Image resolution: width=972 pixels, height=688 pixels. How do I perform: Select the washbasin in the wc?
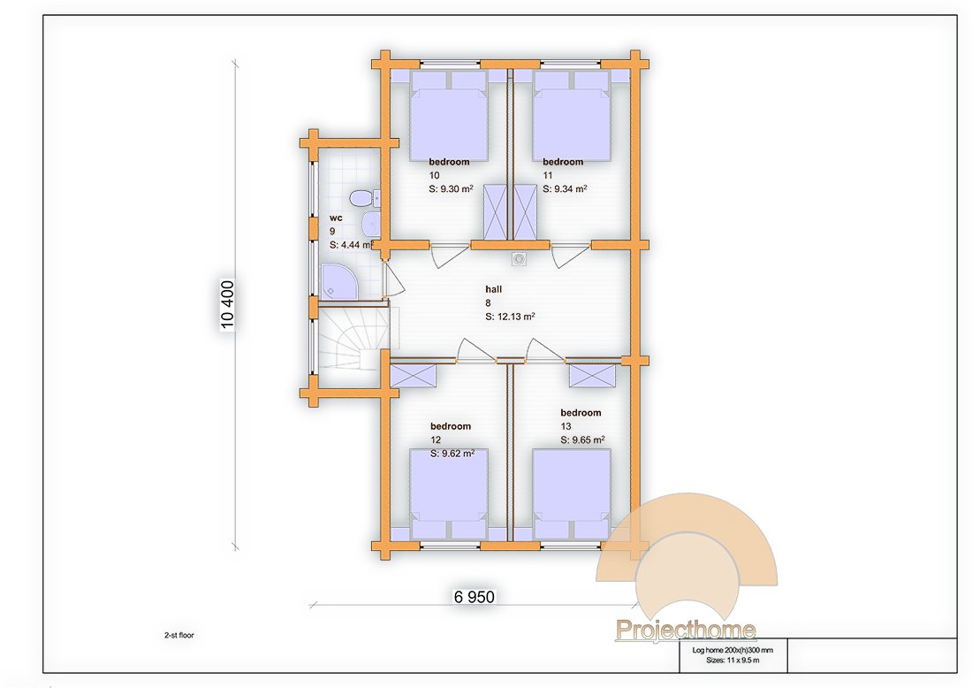(x=370, y=224)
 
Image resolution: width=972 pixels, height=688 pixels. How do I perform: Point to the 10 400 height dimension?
(x=227, y=304)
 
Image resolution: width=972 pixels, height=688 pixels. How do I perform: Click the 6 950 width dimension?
(x=475, y=597)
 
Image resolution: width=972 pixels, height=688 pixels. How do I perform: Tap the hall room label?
(x=493, y=289)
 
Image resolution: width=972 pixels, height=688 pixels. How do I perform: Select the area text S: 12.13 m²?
(x=510, y=317)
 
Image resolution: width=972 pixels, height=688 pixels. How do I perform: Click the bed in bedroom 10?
(x=449, y=116)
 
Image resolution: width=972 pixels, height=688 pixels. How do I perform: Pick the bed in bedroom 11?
(x=571, y=116)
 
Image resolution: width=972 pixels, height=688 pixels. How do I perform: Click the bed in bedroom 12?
(x=449, y=494)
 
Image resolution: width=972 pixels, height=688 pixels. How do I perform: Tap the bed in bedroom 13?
(x=571, y=494)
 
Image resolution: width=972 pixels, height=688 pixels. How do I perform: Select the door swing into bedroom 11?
(x=570, y=256)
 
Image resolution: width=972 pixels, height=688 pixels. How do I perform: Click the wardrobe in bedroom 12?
(x=413, y=376)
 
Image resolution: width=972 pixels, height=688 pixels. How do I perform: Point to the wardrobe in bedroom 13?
(x=592, y=376)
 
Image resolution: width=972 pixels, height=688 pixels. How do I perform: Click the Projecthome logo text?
(x=686, y=631)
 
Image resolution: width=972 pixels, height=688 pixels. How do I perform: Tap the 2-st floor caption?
(x=179, y=635)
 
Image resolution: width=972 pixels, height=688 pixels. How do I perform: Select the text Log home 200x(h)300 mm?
(x=733, y=650)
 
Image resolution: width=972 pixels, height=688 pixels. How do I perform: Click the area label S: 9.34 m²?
(x=565, y=188)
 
